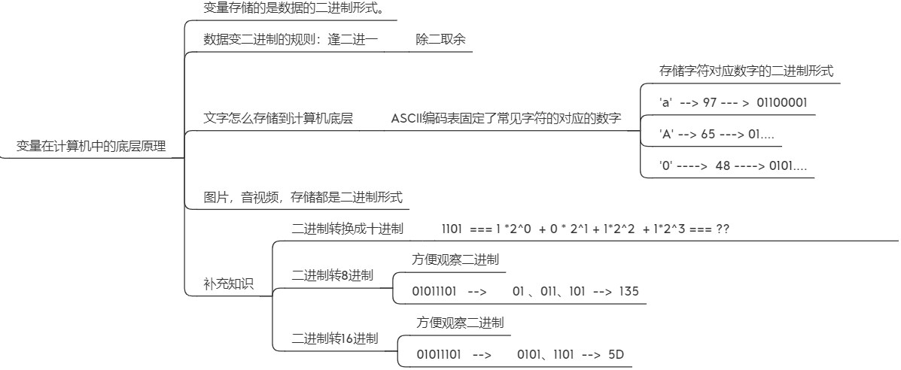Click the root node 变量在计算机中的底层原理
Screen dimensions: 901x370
91,146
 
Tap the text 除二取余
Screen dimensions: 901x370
440,39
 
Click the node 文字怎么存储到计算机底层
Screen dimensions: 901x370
279,118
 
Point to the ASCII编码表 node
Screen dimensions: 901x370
506,118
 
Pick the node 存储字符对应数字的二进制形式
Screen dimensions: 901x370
746,71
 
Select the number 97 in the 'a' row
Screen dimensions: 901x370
709,102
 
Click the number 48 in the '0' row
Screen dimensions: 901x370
723,165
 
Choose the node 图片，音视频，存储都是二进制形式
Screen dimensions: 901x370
303,197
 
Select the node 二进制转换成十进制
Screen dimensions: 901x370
347,229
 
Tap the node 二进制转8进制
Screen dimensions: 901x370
332,275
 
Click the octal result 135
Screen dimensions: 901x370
629,291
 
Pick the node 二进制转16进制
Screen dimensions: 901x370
335,338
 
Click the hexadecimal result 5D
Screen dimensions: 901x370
616,354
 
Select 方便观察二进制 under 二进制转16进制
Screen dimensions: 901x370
460,323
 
